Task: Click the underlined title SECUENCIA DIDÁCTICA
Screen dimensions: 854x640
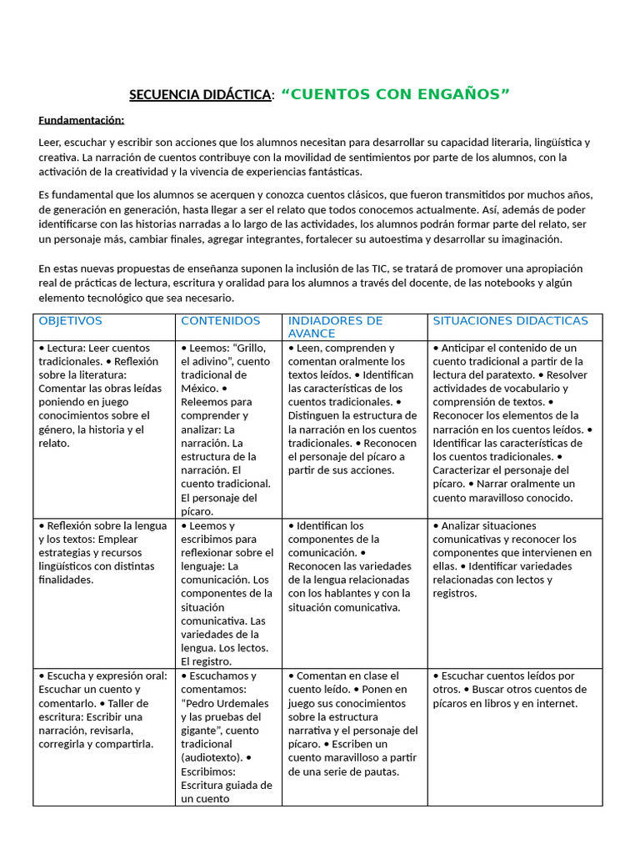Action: [x=200, y=95]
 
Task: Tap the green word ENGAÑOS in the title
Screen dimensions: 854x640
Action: [x=463, y=94]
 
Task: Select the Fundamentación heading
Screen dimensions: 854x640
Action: [x=81, y=119]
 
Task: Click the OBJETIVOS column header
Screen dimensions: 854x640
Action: [x=71, y=321]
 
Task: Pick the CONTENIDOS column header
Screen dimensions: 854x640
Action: [x=221, y=321]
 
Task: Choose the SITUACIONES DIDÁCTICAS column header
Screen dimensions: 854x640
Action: [x=511, y=321]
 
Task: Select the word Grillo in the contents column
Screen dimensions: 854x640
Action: [x=249, y=348]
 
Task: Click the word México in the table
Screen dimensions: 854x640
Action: [x=199, y=388]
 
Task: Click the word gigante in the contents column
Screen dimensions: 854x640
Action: [x=201, y=730]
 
